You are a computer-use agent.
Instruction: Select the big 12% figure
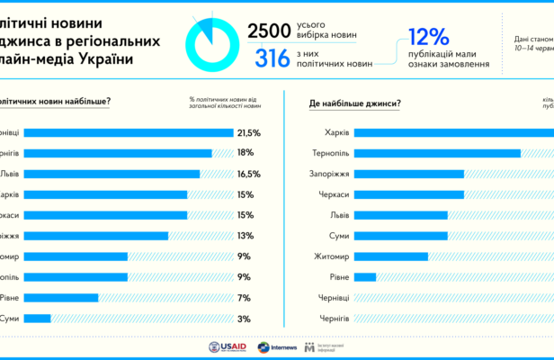point(428,38)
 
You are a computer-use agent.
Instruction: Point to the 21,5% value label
point(248,132)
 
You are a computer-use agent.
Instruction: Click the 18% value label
point(245,153)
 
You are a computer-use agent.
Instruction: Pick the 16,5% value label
point(248,174)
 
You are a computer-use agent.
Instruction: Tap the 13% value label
point(245,236)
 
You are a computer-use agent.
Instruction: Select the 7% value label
point(243,297)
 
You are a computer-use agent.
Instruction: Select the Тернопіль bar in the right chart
point(437,153)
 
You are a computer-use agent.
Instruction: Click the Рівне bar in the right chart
point(364,276)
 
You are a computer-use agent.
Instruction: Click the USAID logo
point(226,346)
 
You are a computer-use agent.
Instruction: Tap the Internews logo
point(277,346)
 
